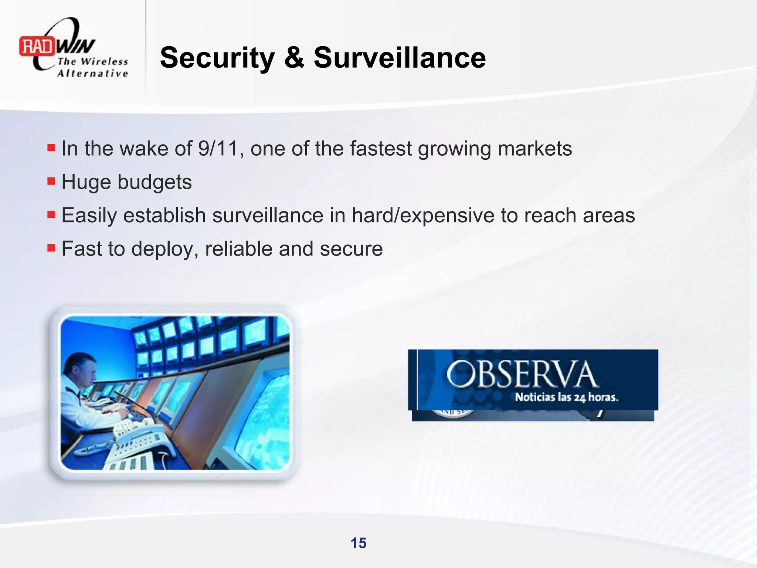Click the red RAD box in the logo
(37, 47)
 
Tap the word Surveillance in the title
(400, 58)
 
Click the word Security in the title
(217, 58)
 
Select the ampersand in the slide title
(294, 58)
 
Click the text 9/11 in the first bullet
(218, 149)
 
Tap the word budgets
(155, 182)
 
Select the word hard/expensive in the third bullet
(423, 216)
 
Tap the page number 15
(358, 543)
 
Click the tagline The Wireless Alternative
(92, 67)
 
